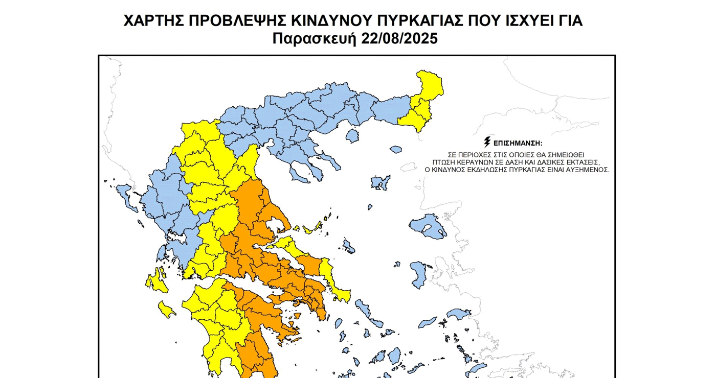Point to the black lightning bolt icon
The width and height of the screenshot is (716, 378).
coord(487,142)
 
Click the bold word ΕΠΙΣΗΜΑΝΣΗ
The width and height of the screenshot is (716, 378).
coord(517,143)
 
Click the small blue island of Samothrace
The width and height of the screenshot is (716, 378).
coord(395,150)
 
